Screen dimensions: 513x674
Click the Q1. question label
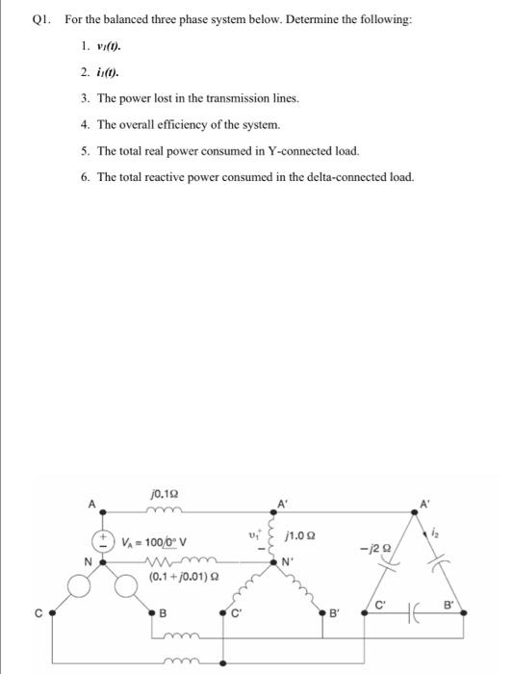[x=41, y=20]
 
